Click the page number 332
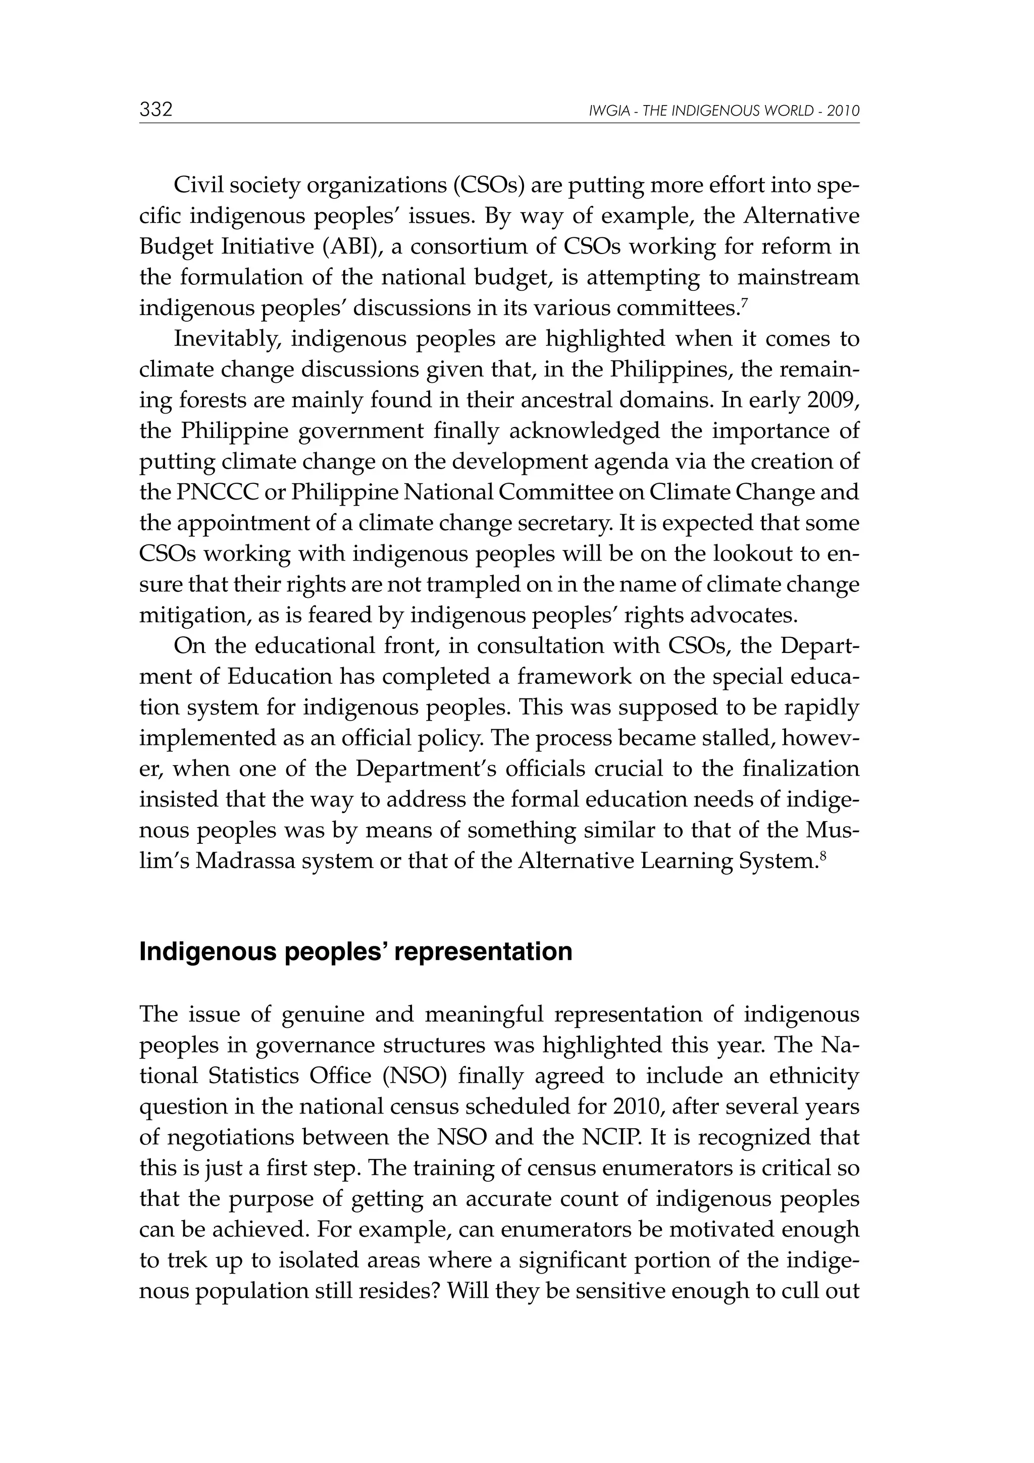point(156,110)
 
